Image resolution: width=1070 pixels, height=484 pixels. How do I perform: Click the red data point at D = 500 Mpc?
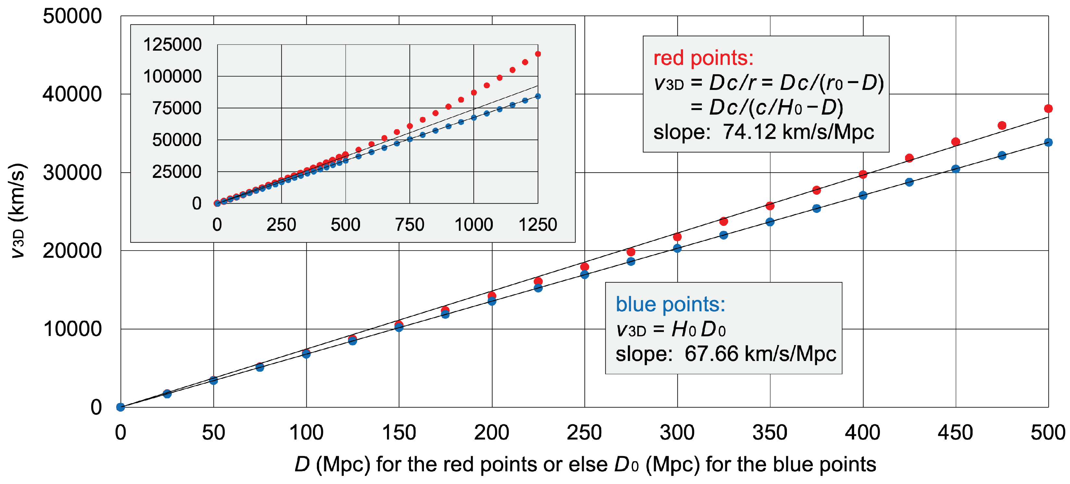1048,108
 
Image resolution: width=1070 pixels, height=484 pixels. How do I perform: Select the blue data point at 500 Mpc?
1048,142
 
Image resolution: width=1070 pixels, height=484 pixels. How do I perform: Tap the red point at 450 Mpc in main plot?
955,142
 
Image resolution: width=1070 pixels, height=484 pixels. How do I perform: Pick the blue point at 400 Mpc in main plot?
863,195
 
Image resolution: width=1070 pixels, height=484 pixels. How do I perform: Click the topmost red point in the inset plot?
538,54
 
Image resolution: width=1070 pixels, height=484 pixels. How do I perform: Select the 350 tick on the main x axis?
770,432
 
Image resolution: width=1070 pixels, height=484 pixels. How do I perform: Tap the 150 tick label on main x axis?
399,432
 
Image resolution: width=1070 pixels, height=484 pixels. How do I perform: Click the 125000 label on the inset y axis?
172,44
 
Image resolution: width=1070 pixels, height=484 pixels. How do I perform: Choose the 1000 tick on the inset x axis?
474,225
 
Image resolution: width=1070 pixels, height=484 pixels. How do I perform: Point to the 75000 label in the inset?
177,108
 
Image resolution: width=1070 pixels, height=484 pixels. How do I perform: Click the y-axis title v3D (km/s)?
18,211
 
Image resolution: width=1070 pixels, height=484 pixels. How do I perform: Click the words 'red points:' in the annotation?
703,58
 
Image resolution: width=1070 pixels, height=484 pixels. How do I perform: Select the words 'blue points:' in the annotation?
670,304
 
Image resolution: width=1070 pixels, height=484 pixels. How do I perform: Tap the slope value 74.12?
749,132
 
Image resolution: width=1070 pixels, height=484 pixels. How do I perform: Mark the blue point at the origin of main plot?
120,407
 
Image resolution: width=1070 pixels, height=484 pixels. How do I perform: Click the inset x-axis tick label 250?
281,225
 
